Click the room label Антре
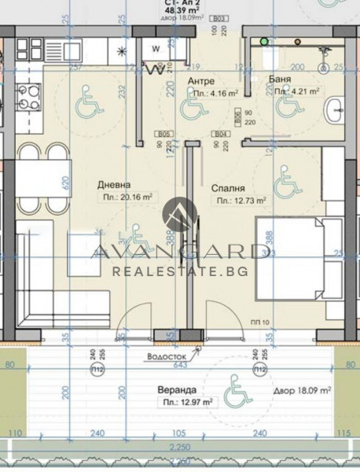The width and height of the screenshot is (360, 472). pos(202,81)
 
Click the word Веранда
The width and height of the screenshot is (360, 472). pos(177,389)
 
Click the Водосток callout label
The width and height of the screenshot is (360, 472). pos(162,355)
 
